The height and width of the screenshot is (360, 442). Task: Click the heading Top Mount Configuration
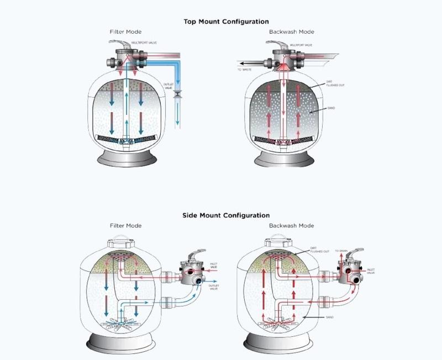pyautogui.click(x=226, y=22)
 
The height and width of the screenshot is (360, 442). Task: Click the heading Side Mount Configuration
pyautogui.click(x=226, y=215)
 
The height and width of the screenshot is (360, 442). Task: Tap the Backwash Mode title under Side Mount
pyautogui.click(x=291, y=226)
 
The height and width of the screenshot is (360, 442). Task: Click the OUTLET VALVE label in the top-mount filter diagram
pyautogui.click(x=169, y=87)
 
